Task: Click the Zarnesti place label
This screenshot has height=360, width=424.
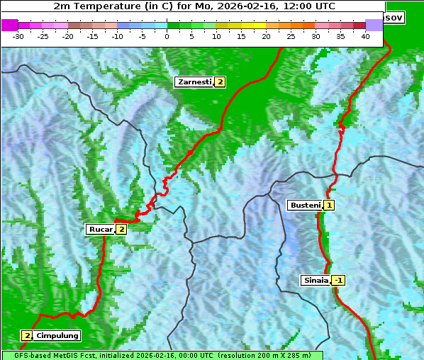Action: (x=194, y=82)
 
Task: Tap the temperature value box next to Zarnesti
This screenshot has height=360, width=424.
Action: (x=220, y=82)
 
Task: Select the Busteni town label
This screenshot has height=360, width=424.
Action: (x=305, y=206)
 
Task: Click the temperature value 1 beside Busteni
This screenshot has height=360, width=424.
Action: (x=329, y=206)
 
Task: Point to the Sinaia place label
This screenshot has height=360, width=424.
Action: (x=316, y=280)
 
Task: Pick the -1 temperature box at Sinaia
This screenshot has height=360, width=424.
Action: (x=338, y=280)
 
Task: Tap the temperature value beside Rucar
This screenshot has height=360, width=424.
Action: (x=121, y=229)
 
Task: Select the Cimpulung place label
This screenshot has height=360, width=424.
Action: (x=57, y=335)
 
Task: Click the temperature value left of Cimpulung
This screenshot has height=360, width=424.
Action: (x=27, y=335)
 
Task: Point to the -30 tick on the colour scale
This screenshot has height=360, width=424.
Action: (x=18, y=36)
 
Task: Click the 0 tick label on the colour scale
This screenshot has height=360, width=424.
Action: (x=167, y=36)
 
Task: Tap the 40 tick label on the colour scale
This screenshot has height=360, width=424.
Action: (x=365, y=36)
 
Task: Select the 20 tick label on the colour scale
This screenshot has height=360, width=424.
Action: (x=266, y=36)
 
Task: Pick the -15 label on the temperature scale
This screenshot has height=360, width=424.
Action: (x=92, y=36)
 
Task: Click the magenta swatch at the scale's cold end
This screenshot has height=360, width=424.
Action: (x=9, y=25)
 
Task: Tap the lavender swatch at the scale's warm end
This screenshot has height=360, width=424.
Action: (x=374, y=25)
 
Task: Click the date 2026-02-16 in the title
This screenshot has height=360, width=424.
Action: (x=249, y=6)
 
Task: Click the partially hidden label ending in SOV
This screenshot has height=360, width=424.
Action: (x=394, y=17)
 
